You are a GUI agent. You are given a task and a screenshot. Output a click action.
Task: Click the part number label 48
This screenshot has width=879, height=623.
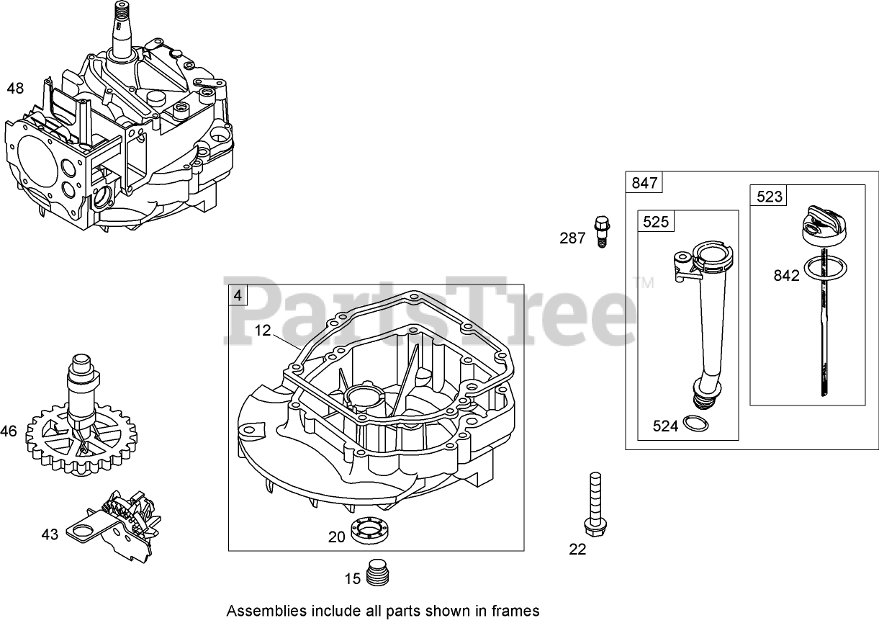pyautogui.click(x=15, y=89)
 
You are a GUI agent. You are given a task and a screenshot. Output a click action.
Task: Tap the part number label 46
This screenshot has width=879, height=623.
pyautogui.click(x=9, y=432)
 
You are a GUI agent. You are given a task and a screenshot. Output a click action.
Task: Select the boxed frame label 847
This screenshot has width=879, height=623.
pyautogui.click(x=644, y=183)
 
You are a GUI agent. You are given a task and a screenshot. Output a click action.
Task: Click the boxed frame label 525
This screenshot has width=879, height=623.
pyautogui.click(x=656, y=222)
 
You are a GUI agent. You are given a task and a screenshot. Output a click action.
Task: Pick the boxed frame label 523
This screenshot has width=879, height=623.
pyautogui.click(x=769, y=196)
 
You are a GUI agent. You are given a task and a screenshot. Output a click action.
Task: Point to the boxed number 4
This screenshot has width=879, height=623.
pyautogui.click(x=238, y=295)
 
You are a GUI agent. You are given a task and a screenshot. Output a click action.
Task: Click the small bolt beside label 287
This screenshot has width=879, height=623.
pyautogui.click(x=600, y=231)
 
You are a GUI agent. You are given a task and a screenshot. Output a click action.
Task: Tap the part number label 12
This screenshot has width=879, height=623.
pyautogui.click(x=263, y=331)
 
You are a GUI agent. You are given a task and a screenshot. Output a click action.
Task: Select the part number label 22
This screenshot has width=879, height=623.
pyautogui.click(x=577, y=550)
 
